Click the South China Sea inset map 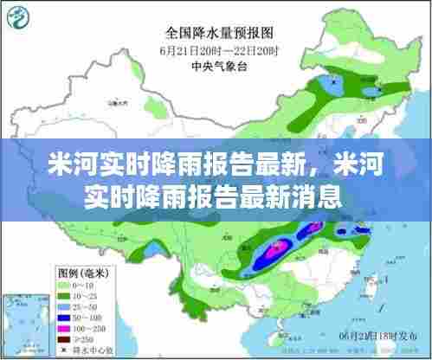click(24, 321)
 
